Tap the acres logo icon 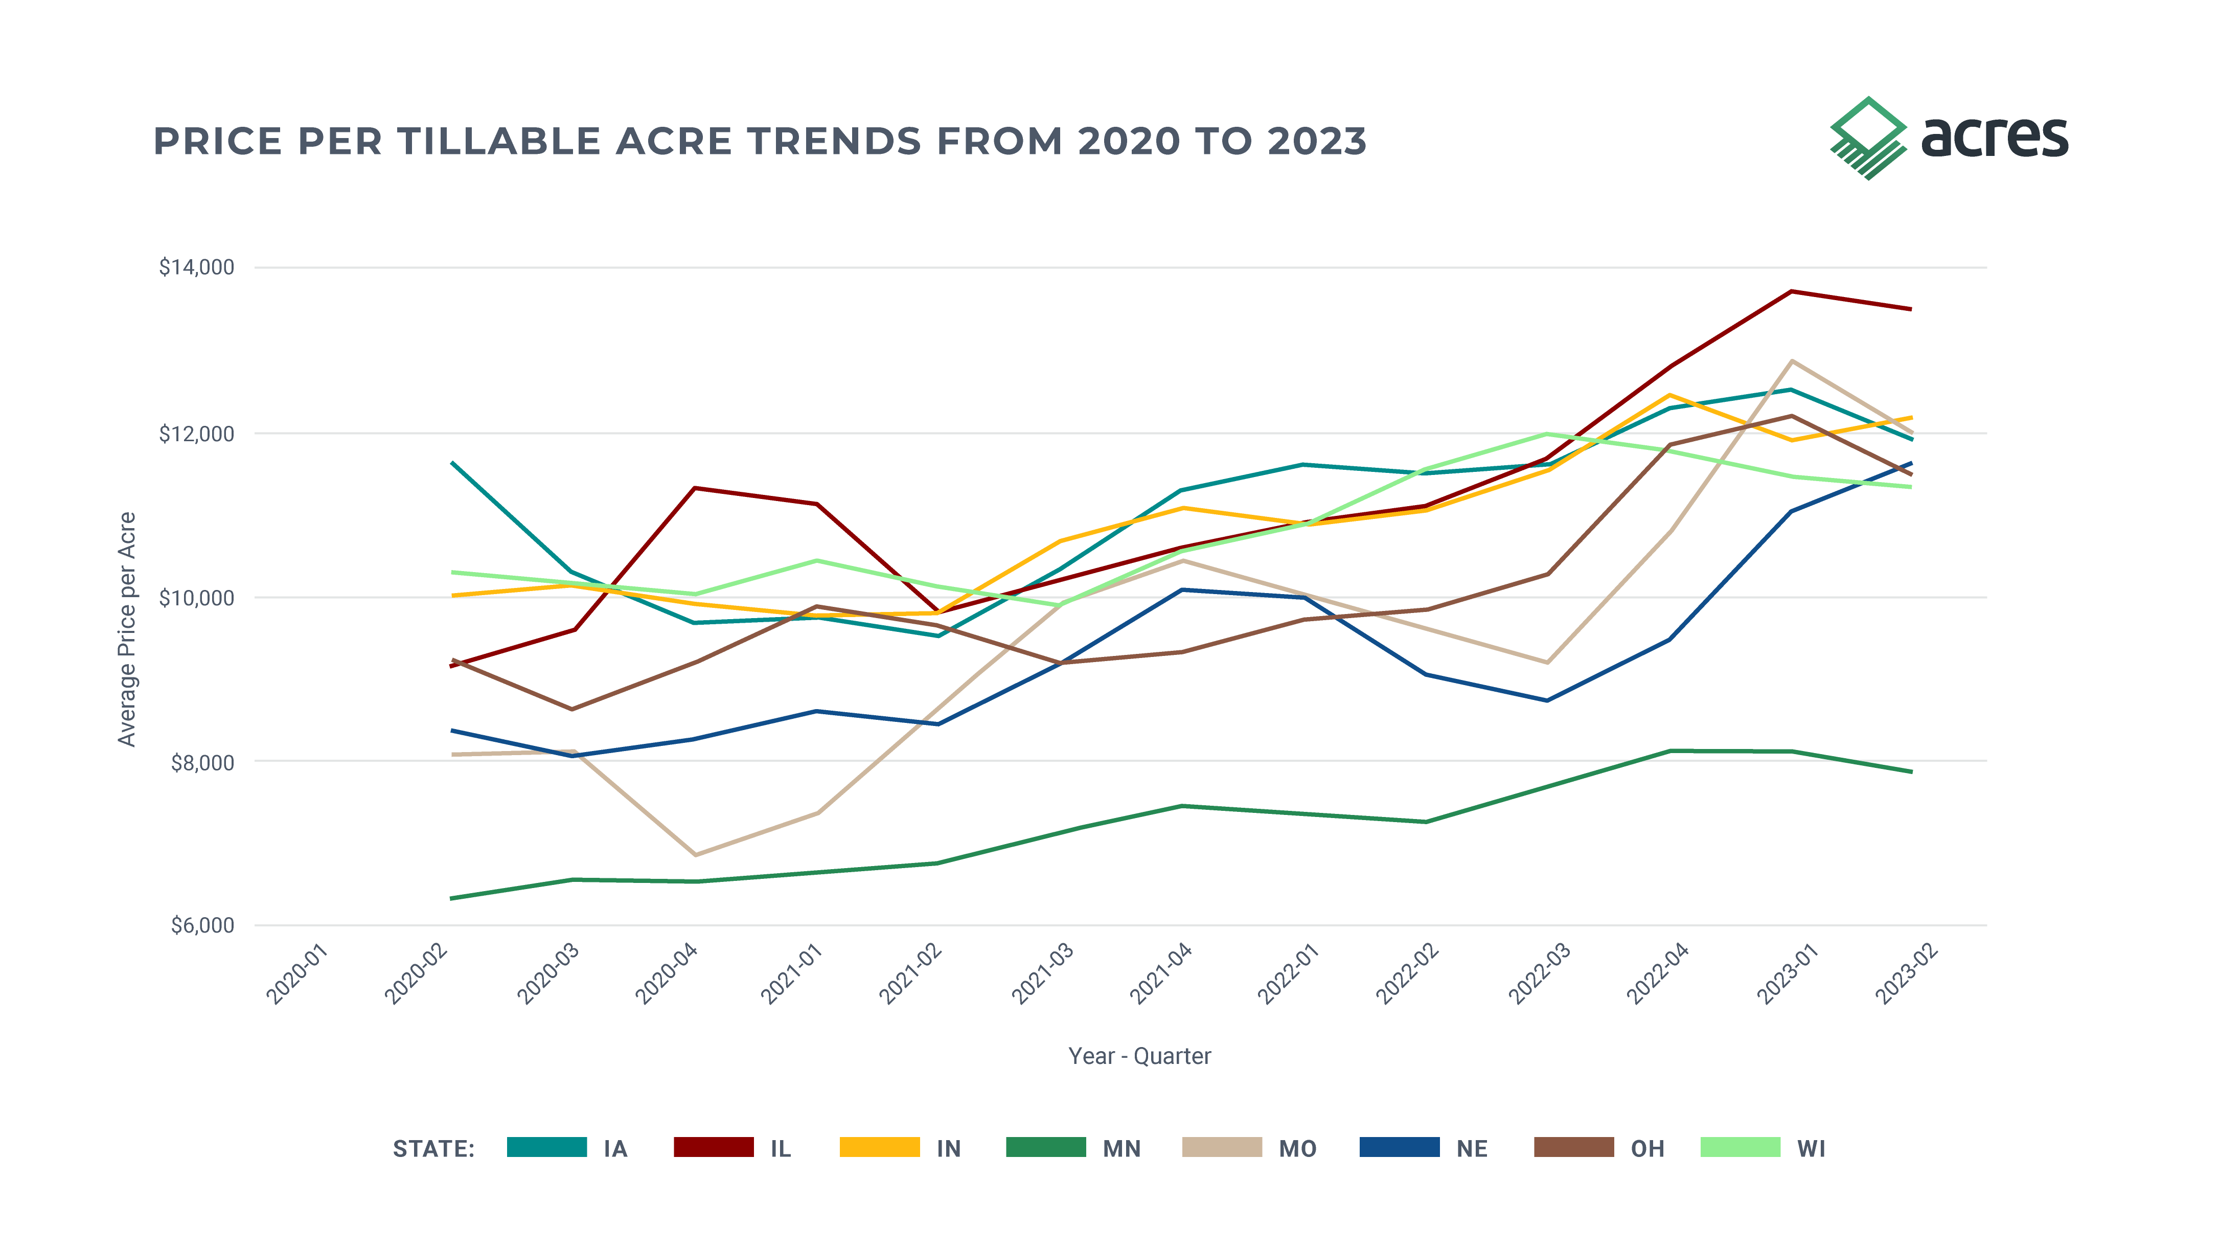[1867, 138]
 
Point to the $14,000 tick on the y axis [196, 267]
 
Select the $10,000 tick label [196, 597]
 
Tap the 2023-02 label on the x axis [1906, 974]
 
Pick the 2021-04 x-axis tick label [1161, 974]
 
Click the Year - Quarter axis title [1139, 1056]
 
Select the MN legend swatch [1045, 1147]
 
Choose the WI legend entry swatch [1740, 1147]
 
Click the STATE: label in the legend [433, 1149]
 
